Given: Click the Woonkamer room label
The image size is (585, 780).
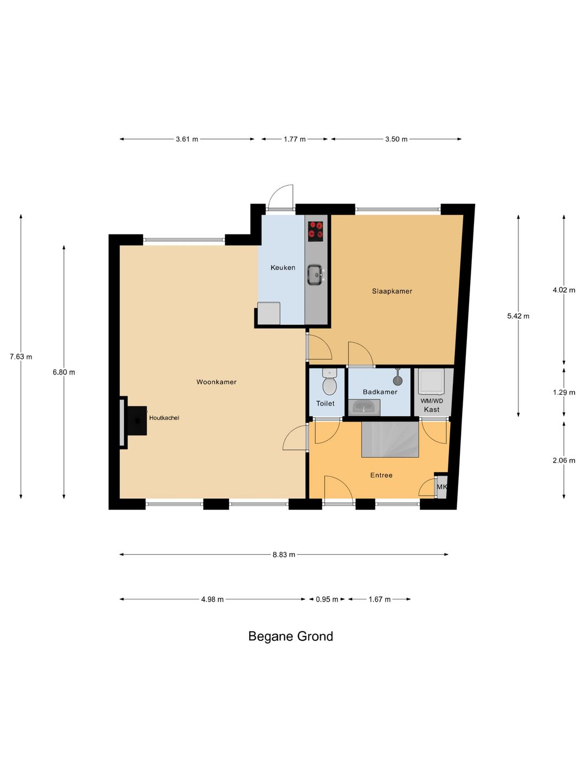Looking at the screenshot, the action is pos(216,382).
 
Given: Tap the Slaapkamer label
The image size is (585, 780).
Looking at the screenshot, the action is pos(392,291).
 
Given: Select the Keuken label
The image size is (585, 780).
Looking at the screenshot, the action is pos(283,268).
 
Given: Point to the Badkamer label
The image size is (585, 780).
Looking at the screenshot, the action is pos(380,392).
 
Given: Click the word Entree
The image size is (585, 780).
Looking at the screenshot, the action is pos(381,475).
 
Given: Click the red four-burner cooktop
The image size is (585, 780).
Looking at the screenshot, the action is pos(316,230).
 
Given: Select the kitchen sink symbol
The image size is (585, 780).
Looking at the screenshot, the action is pos(315,275).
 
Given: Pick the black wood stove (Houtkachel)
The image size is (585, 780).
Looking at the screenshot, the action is pos(137,421).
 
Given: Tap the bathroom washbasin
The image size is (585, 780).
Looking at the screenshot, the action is pos(364,407).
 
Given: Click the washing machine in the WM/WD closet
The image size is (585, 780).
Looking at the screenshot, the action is pos(431,381).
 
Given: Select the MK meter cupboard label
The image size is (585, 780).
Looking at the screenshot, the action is pos(441,486).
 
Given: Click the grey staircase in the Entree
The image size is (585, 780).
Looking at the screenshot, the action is pos(390,439).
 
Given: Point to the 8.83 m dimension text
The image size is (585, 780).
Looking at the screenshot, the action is pos(284,555).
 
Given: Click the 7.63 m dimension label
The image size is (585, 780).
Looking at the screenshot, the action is pos(21,357).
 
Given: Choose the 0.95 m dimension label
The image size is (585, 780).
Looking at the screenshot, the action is pos(327,600).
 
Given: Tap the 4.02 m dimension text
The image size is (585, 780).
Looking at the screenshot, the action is pos(564,290).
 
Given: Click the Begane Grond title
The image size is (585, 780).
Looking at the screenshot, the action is pos(290,636).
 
